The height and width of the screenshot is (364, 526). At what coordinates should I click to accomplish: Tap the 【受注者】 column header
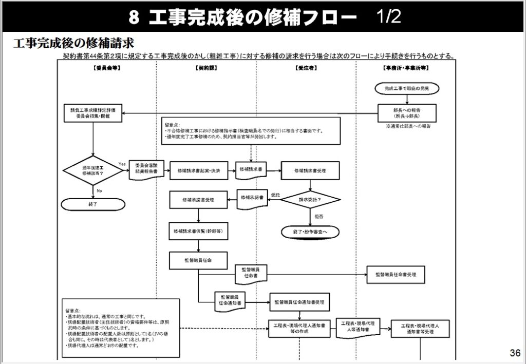[x=306, y=68]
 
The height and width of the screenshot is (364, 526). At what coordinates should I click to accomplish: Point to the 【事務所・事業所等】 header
[x=406, y=68]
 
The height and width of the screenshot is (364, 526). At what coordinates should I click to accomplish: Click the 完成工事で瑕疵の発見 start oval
[x=406, y=89]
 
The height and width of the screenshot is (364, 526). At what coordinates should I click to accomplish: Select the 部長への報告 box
[x=407, y=113]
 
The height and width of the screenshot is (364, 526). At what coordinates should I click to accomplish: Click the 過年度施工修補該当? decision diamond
[x=93, y=170]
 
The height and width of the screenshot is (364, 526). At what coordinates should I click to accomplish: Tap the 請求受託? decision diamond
[x=310, y=199]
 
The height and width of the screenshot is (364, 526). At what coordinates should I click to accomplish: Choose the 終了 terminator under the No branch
[x=93, y=204]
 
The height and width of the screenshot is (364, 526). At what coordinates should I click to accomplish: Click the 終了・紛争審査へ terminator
[x=310, y=232]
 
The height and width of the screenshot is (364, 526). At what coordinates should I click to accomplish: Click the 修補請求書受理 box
[x=310, y=170]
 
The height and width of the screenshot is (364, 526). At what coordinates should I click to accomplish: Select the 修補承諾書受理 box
[x=198, y=199]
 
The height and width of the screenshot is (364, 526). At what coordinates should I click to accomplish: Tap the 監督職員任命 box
[x=198, y=260]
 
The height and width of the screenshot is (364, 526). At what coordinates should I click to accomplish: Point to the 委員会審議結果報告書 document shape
[x=146, y=170]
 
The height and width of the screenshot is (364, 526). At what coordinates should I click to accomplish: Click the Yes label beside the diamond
[x=122, y=163]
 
